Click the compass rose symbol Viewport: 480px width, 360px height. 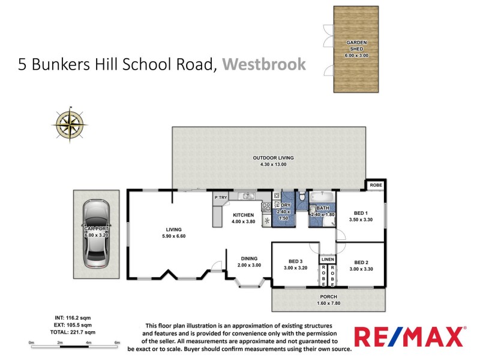(x=70, y=123)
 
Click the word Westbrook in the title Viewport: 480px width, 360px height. (x=264, y=64)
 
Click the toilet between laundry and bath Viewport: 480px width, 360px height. (x=302, y=198)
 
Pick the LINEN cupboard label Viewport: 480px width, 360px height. (x=328, y=259)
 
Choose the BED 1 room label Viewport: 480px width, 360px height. (x=360, y=213)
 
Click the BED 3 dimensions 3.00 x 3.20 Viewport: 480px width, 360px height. (x=294, y=269)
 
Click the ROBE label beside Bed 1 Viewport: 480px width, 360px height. (x=374, y=185)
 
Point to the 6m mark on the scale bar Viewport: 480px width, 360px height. (x=117, y=343)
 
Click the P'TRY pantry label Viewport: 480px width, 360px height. (x=220, y=197)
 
